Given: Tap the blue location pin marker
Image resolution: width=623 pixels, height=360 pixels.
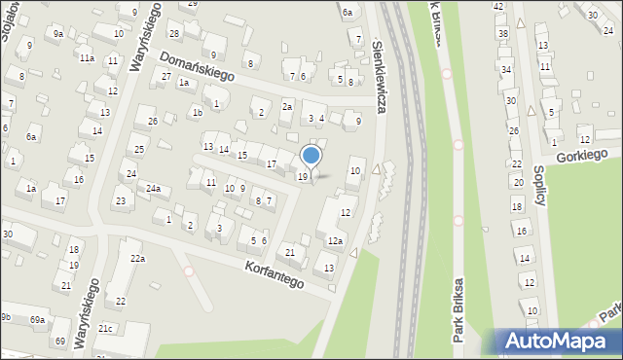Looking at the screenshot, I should click(x=311, y=156).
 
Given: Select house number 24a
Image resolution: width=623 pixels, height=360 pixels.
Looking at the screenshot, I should click(x=154, y=188).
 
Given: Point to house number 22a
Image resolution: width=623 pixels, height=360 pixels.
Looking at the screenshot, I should click(x=138, y=258).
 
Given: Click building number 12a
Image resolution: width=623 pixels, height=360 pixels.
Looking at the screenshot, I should click(x=335, y=241).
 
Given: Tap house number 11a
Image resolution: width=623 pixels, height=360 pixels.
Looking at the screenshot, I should click(x=87, y=58).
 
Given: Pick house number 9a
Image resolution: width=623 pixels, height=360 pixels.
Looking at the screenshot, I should click(x=58, y=34).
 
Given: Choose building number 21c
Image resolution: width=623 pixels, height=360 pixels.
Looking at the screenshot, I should click(x=105, y=329).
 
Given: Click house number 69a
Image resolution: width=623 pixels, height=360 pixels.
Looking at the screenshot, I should click(x=37, y=319).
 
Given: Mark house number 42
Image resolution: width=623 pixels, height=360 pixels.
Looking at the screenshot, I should click(x=498, y=7).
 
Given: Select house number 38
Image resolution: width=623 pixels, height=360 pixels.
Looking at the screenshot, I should click(x=503, y=33).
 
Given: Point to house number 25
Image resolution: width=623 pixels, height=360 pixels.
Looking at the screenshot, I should click(x=140, y=149).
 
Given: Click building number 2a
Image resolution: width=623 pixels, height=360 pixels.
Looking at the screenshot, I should click(x=286, y=107).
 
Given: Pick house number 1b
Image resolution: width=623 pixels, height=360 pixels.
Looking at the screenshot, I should click(x=197, y=113).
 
